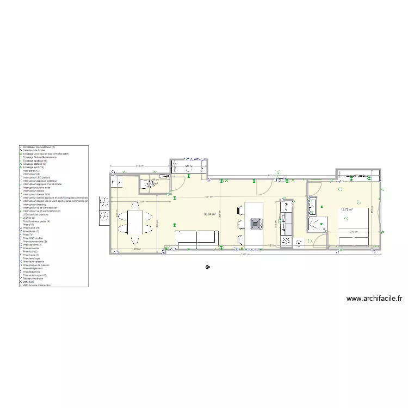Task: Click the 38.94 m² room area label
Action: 210,214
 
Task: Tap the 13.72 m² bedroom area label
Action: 347,209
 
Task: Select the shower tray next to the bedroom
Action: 317,224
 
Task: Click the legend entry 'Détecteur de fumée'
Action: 38,151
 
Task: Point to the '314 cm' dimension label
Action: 139,165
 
